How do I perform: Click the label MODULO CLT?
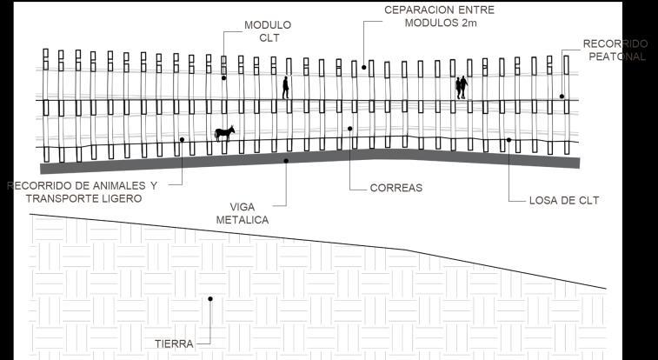pos(268,31)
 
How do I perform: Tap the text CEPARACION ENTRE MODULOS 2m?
pos(441,17)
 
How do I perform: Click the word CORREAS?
pos(395,187)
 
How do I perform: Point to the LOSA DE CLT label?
pos(564,201)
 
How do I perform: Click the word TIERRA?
pos(174,343)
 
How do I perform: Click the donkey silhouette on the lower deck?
pos(225,132)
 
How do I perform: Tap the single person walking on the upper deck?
pos(285,87)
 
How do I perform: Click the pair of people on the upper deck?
pos(462,87)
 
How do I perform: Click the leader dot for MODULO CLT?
pos(223,78)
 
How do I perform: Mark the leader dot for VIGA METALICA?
pos(286,160)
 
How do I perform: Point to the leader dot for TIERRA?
pos(209,299)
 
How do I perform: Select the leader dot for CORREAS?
pos(349,129)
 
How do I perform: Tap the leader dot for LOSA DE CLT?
pos(508,140)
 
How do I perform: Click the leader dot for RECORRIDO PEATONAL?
pos(562,97)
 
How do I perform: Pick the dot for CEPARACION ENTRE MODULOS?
pos(363,67)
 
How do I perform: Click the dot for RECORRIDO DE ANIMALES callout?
pos(182,139)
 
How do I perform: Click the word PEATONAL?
pos(616,57)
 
